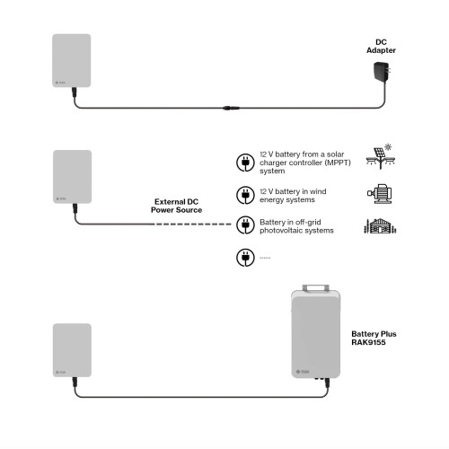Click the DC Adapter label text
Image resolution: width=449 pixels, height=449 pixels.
[381, 46]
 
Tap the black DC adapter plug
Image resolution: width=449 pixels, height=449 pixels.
[382, 72]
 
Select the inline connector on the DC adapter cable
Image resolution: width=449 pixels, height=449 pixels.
[231, 108]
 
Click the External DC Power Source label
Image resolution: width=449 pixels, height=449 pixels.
[176, 206]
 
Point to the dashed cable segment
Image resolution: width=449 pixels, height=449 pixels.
[192, 224]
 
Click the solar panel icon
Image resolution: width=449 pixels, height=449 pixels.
[381, 156]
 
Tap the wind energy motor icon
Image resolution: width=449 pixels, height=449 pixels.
[380, 194]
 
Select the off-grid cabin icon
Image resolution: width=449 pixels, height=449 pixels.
[380, 226]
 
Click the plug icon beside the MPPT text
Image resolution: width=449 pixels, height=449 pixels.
[245, 163]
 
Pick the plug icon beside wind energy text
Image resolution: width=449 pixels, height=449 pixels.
[245, 195]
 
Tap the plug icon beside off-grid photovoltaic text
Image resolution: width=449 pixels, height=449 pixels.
[245, 225]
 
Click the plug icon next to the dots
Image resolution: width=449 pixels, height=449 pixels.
[245, 258]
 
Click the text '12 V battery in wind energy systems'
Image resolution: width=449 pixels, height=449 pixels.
[293, 196]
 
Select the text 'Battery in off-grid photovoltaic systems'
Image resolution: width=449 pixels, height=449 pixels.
[296, 226]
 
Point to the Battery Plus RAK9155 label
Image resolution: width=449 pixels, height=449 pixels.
[374, 338]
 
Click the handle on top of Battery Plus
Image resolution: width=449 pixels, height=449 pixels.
[315, 287]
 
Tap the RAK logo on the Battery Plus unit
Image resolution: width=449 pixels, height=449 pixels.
[303, 372]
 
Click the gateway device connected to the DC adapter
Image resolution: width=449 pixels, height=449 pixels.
[72, 60]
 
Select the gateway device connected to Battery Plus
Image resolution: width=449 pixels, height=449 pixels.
[72, 350]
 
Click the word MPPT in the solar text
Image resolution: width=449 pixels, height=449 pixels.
[338, 163]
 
